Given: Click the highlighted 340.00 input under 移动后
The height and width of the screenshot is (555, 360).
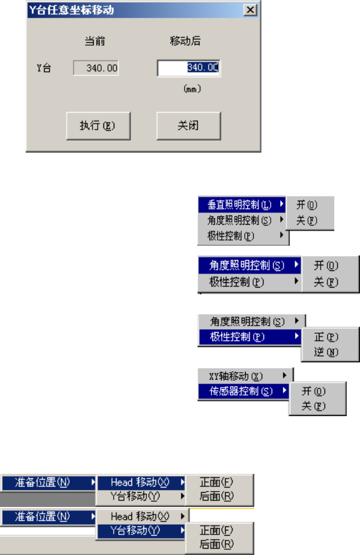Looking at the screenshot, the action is (x=189, y=68).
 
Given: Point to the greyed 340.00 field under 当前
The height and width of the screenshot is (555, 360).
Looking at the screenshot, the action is (x=96, y=68).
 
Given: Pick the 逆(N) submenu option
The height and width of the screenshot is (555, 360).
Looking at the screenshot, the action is (x=326, y=352).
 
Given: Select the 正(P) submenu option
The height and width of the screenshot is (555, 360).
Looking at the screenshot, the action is (x=326, y=337).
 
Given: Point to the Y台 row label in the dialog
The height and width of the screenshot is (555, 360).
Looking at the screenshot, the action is (x=44, y=69).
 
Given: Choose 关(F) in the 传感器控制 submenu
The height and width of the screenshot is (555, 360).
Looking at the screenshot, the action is (x=314, y=406).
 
